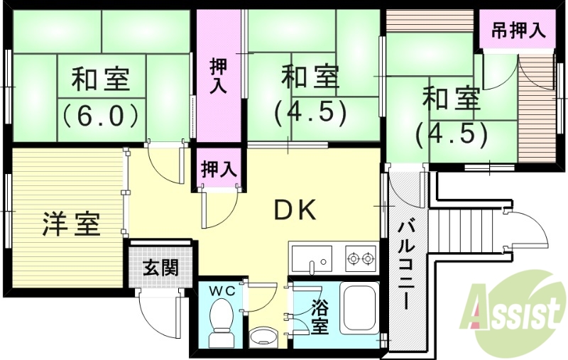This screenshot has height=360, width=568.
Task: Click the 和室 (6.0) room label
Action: click(100, 95)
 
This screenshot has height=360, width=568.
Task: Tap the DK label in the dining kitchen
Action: click(295, 210)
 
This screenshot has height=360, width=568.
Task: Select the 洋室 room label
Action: click(70, 224)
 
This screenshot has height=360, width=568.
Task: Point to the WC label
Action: click(222, 290)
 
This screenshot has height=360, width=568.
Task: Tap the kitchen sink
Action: click(311, 258)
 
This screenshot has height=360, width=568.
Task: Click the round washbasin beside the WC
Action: click(266, 334)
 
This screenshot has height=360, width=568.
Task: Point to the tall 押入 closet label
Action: click(218, 76)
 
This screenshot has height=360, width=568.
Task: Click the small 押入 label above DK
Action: click(218, 170)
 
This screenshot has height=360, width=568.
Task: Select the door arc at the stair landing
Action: click(528, 227)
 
